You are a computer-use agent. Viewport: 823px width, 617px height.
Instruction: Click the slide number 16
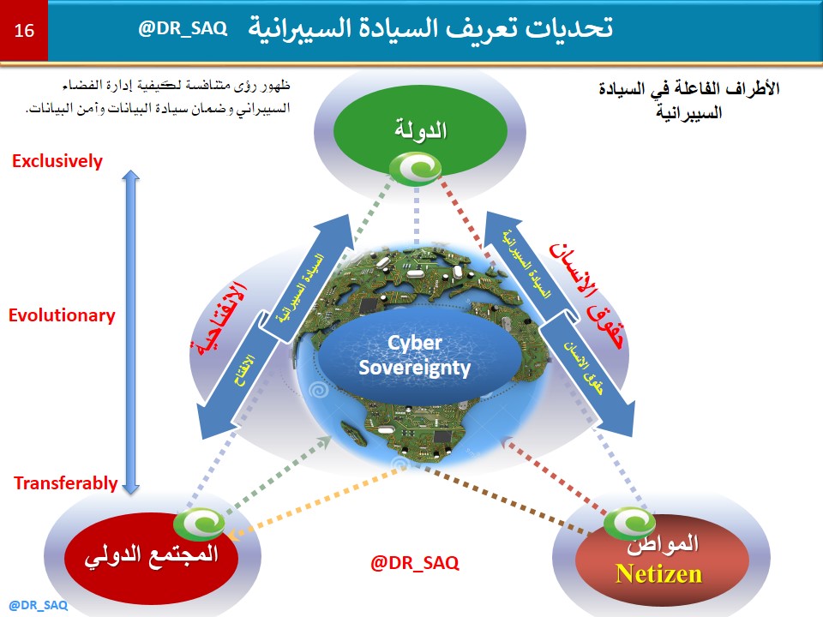(x=24, y=31)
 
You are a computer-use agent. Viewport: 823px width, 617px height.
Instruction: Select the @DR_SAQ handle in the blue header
(x=183, y=28)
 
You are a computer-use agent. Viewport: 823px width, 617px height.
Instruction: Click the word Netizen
(x=659, y=573)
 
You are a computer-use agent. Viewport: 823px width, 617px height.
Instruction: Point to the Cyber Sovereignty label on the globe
(x=416, y=356)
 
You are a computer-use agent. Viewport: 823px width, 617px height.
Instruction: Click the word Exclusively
(x=57, y=161)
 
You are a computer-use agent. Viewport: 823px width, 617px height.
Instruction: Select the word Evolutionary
(x=62, y=315)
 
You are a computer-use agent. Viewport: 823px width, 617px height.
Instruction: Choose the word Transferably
(x=65, y=483)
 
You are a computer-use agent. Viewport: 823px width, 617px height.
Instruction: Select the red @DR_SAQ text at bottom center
(x=414, y=563)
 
